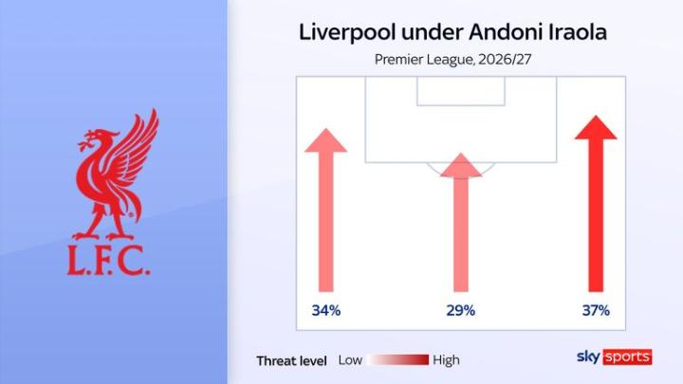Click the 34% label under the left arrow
coord(325,310)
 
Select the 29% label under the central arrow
coord(460,310)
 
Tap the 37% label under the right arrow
coord(596,310)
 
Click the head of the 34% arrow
coord(325,140)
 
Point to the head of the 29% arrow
coord(460,165)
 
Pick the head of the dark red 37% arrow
coord(596,128)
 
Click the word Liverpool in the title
coord(347,32)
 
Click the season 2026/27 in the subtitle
coord(505,59)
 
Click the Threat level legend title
coord(291,361)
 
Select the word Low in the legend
coord(350,360)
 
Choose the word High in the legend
coord(446,360)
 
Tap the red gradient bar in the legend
coord(397,360)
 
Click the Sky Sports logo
coord(614,357)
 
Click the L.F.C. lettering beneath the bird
coord(108,260)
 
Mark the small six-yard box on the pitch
coord(461,91)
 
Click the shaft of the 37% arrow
coord(596,215)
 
